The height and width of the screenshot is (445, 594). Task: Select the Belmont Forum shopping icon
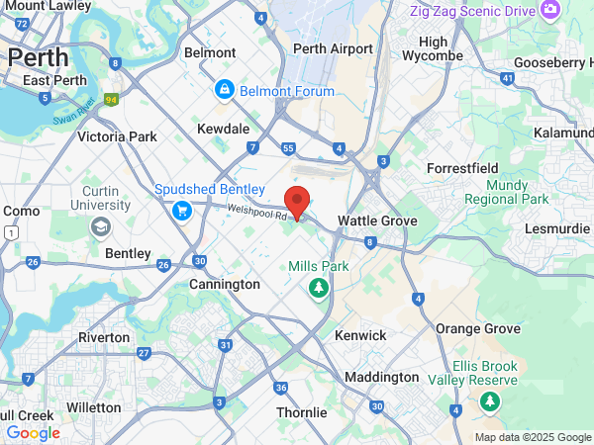click(x=225, y=91)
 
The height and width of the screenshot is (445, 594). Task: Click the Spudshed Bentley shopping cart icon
click(x=181, y=210)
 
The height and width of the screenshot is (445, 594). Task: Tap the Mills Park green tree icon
click(x=318, y=289)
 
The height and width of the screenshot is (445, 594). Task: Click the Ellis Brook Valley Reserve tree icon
click(x=489, y=401)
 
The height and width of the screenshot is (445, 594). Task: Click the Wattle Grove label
click(x=377, y=221)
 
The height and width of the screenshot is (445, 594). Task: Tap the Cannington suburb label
click(x=225, y=284)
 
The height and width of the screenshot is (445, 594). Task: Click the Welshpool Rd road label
click(x=255, y=211)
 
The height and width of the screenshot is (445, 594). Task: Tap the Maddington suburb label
click(x=381, y=377)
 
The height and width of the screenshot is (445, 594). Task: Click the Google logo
click(x=33, y=432)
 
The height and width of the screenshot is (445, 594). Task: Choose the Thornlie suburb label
click(x=301, y=411)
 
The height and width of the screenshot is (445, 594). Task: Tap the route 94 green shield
click(x=113, y=99)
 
